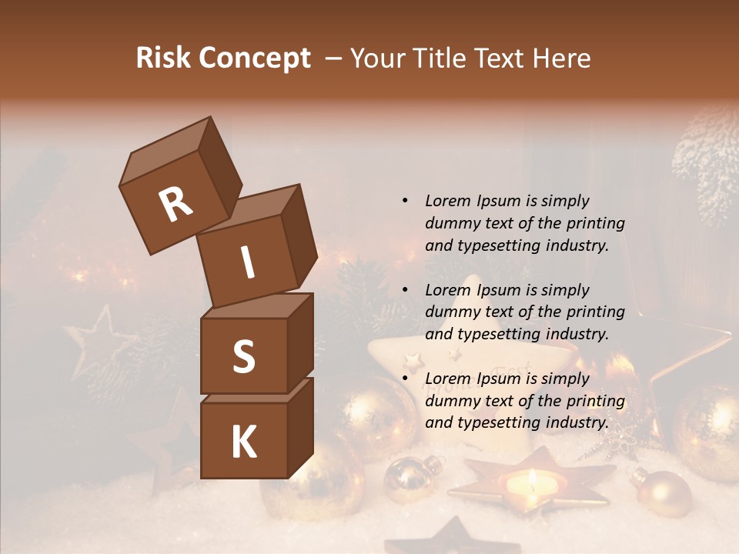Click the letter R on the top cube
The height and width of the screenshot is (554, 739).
point(176,205)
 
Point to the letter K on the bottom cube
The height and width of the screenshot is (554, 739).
point(243,442)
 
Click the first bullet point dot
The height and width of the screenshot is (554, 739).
point(405,202)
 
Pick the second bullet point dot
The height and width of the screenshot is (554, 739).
point(405,290)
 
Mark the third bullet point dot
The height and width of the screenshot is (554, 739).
point(405,379)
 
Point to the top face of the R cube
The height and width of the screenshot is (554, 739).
point(166,150)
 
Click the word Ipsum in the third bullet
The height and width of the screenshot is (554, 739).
point(500,379)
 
